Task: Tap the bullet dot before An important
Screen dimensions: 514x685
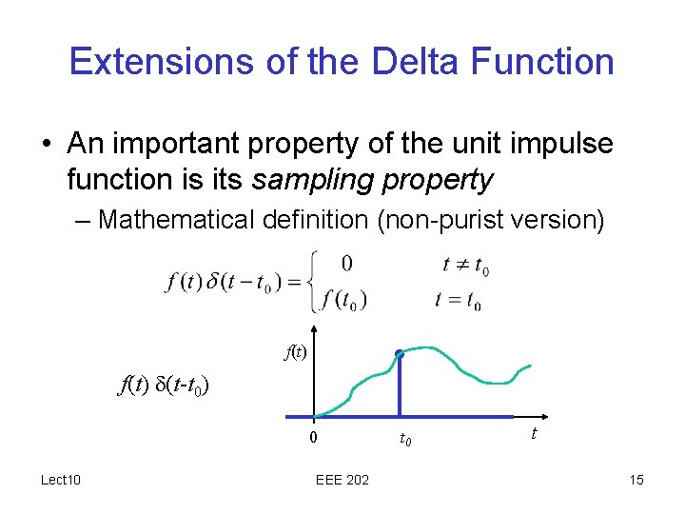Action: pos(47,145)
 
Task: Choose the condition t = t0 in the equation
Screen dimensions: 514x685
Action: pos(458,300)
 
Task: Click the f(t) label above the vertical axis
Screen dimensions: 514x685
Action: pos(297,352)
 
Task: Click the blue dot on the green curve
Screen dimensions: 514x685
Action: pos(400,355)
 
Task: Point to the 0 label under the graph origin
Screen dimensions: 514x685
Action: pos(313,438)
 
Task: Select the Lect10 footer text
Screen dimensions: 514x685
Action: pos(60,479)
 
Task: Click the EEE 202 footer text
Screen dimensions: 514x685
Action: pos(342,479)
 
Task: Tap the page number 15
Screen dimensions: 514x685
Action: pos(636,479)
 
